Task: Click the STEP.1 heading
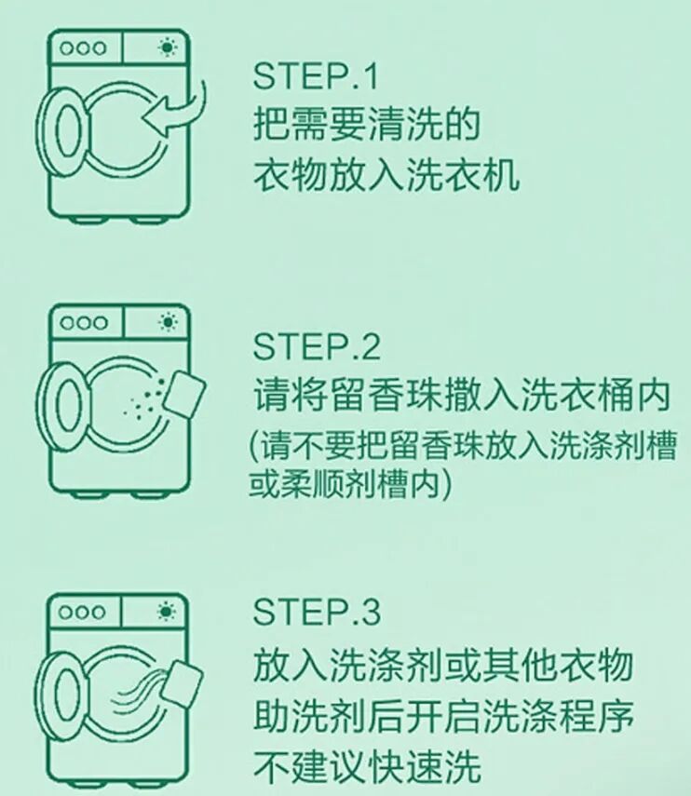pos(316,76)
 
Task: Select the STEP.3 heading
pos(317,612)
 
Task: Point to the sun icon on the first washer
pos(168,47)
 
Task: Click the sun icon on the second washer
pos(168,322)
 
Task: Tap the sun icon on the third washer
pos(167,612)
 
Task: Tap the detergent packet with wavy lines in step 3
pos(183,680)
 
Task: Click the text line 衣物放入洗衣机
pos(386,175)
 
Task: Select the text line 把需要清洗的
pos(366,124)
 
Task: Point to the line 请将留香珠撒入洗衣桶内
pos(462,394)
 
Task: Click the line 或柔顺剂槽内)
pos(349,484)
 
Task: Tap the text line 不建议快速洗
pos(367,766)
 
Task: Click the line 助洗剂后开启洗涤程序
pos(443,716)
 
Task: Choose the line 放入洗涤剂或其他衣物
pos(443,665)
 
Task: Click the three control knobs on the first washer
pos(83,48)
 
